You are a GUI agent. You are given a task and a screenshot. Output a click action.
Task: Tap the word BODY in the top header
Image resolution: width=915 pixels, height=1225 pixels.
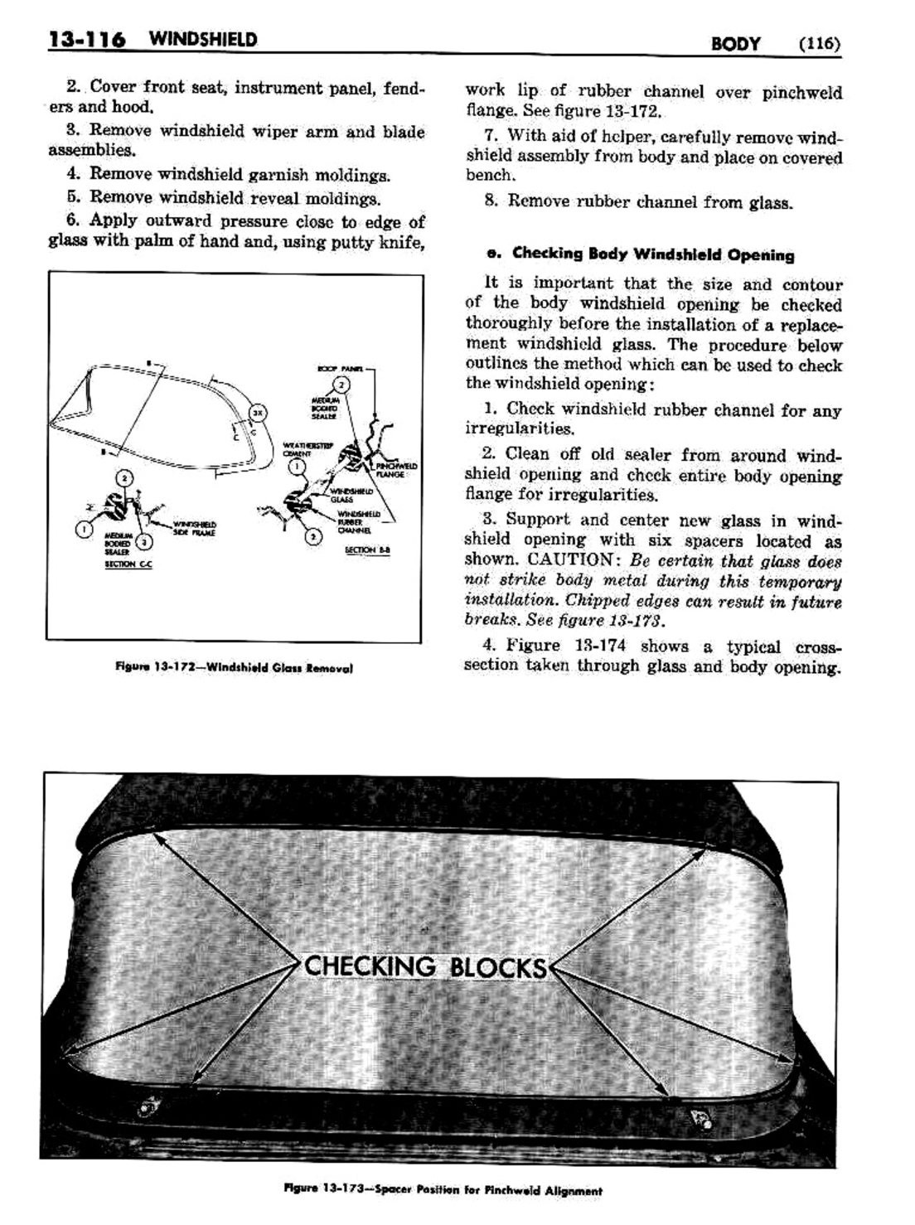pos(735,43)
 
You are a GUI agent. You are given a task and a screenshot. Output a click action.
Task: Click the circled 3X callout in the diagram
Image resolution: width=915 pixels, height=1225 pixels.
pos(257,412)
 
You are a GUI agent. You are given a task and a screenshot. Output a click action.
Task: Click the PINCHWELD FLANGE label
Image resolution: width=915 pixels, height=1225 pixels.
pos(390,470)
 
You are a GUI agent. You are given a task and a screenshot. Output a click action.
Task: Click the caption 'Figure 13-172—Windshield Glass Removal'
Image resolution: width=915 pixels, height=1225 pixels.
pos(235,667)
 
